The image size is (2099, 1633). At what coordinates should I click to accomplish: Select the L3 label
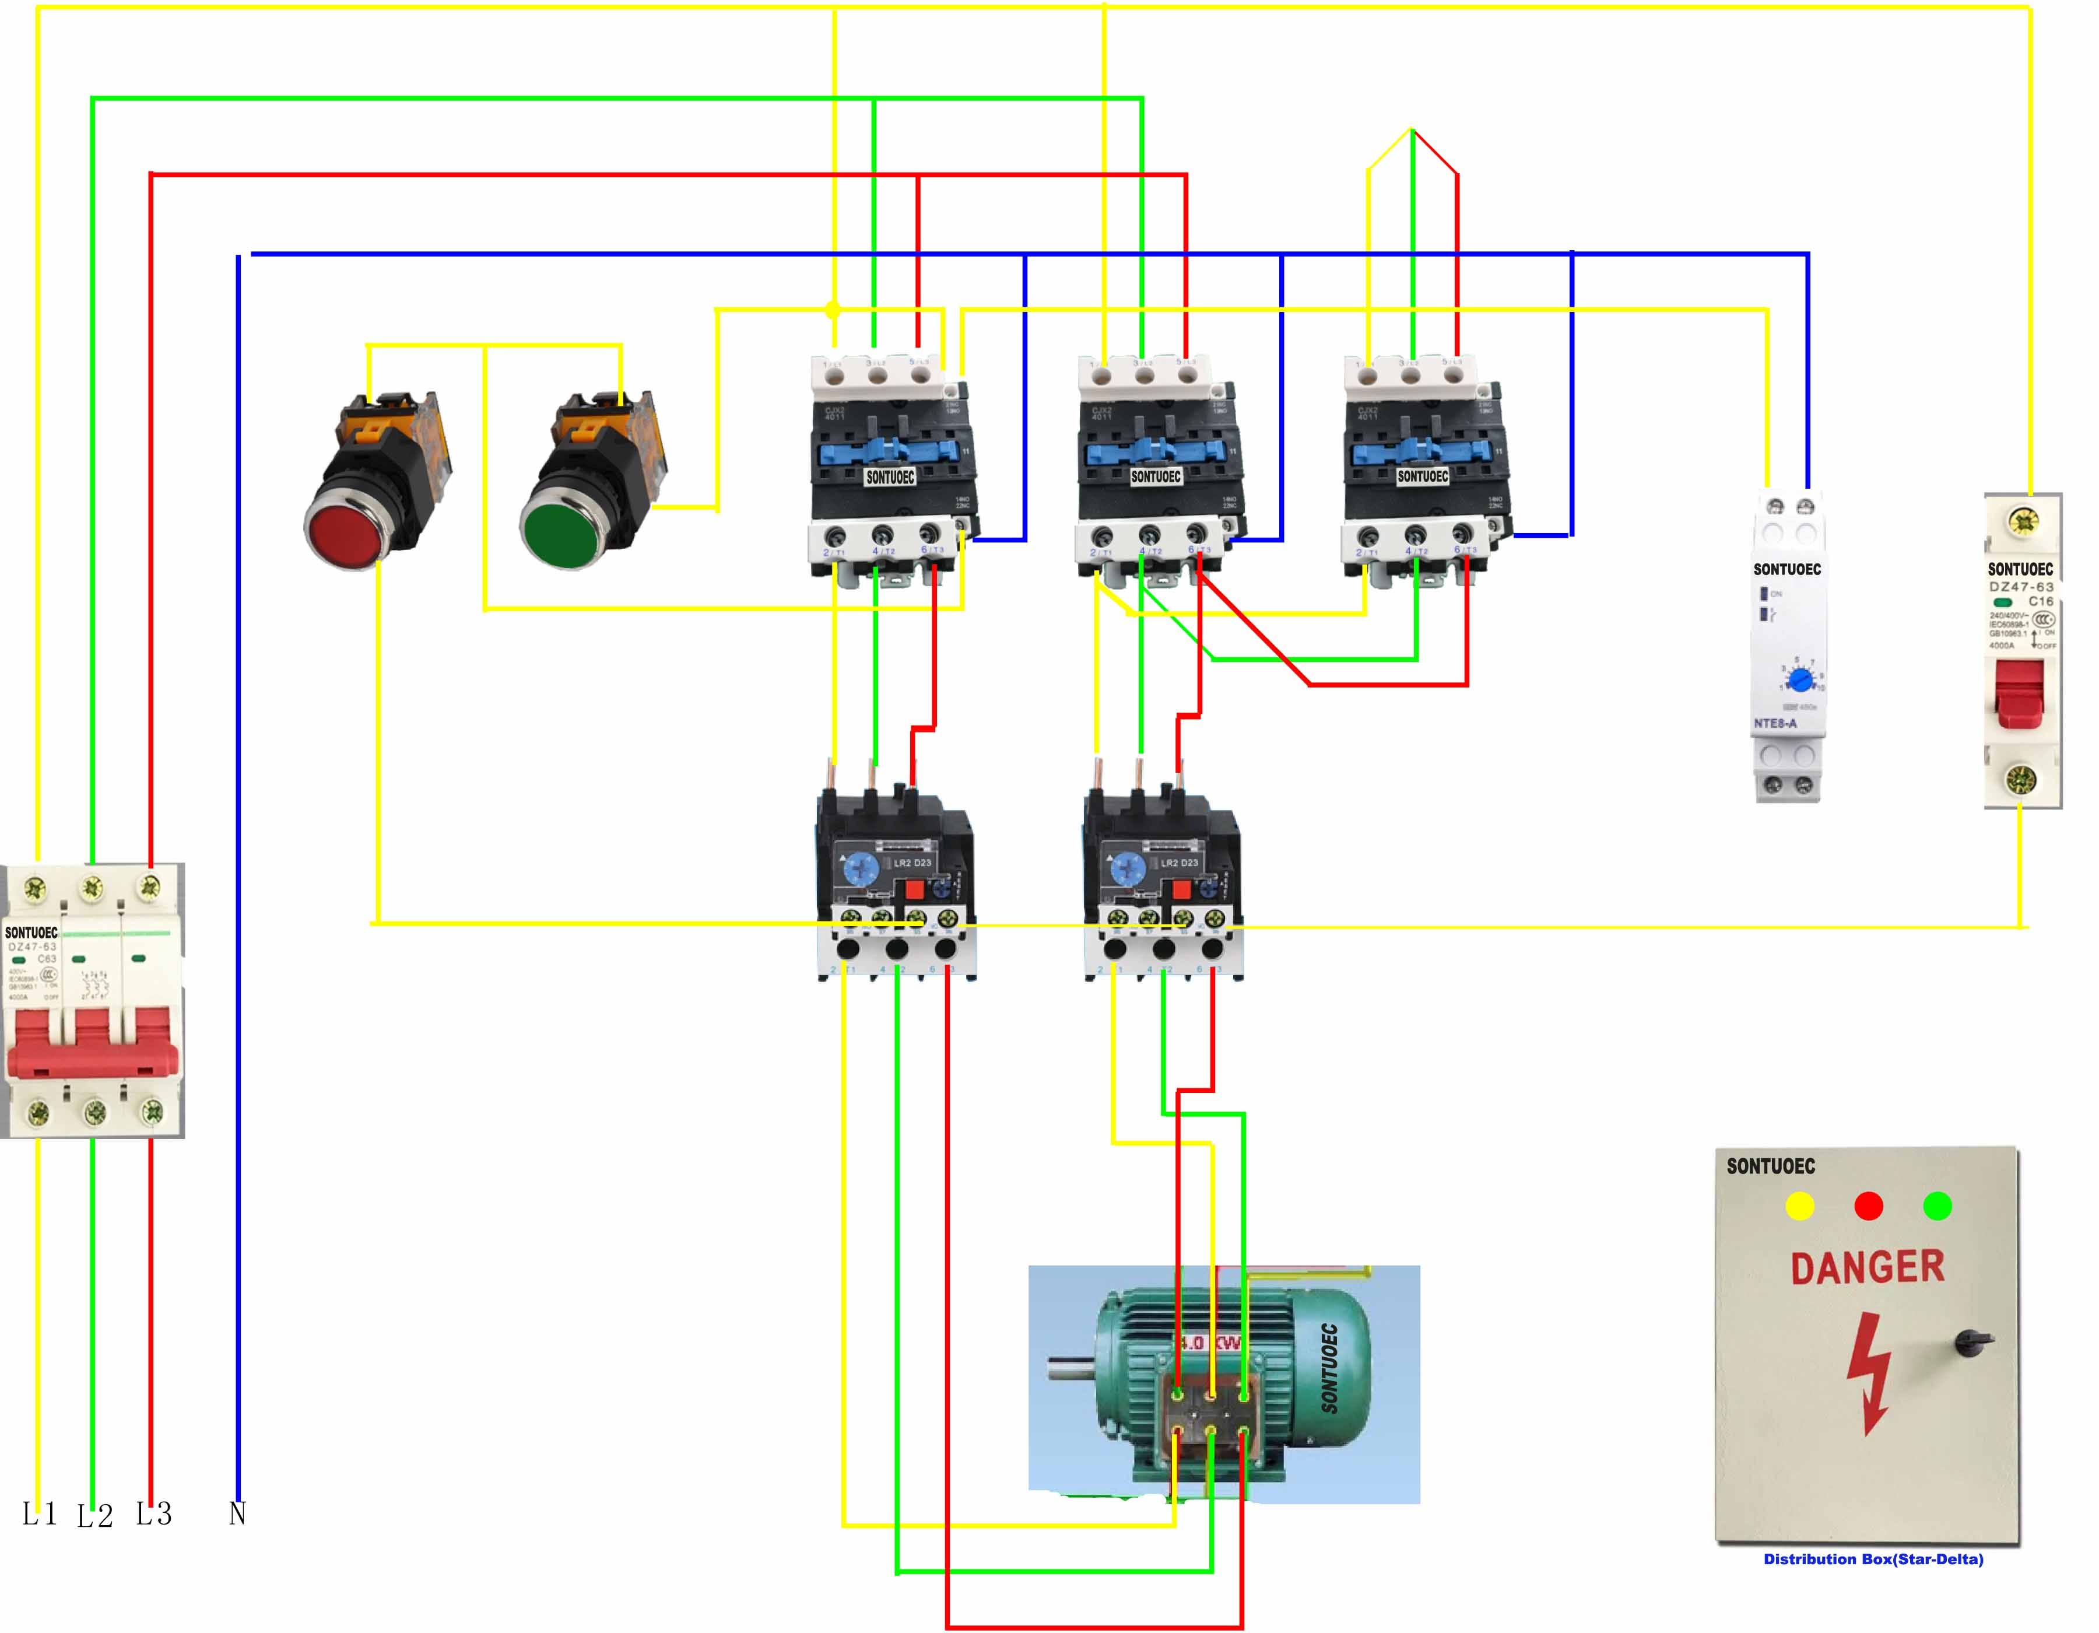tap(154, 1514)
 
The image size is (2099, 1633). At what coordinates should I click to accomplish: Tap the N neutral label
tap(237, 1514)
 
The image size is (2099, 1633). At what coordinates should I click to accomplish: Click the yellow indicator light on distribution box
tap(1799, 1206)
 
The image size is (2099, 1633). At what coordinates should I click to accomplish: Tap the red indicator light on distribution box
tap(1868, 1206)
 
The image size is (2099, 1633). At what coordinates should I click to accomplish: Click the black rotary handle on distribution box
tap(1972, 1342)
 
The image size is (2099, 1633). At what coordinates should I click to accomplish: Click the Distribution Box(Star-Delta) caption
tap(1872, 1559)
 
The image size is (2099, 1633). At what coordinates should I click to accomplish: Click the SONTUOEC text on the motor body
tap(1329, 1369)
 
